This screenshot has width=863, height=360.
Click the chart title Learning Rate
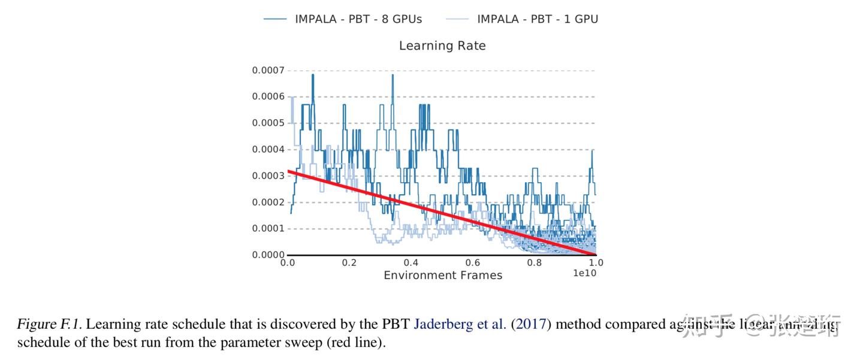442,46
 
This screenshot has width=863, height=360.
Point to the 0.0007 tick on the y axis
268,71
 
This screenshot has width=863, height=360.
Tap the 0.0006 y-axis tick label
268,97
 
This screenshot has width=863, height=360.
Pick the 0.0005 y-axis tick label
268,123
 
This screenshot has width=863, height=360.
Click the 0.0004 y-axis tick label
268,150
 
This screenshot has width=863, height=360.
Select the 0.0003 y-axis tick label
268,176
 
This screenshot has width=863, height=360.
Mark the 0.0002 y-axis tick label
268,202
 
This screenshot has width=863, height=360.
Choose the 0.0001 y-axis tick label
268,229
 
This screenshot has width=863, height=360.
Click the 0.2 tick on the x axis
349,263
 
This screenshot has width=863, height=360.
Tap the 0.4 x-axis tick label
411,263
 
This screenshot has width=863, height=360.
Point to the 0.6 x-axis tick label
473,263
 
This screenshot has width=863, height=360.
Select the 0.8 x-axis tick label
535,263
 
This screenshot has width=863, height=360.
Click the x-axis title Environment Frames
443,276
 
